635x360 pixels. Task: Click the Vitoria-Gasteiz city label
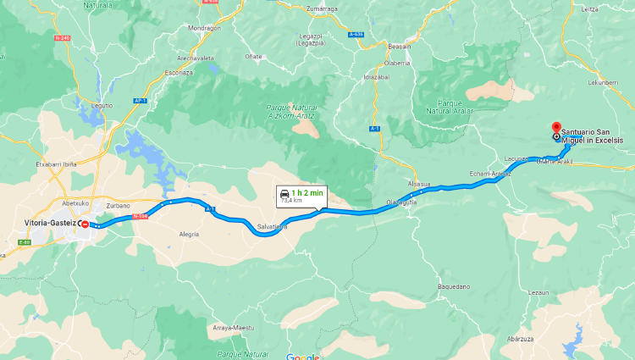[50, 222]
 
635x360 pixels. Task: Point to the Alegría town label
[189, 234]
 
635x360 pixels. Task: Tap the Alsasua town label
[419, 184]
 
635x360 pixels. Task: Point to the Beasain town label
[399, 47]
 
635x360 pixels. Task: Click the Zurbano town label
[119, 206]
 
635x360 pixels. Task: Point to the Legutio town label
[101, 105]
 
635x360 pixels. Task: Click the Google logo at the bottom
[302, 357]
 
